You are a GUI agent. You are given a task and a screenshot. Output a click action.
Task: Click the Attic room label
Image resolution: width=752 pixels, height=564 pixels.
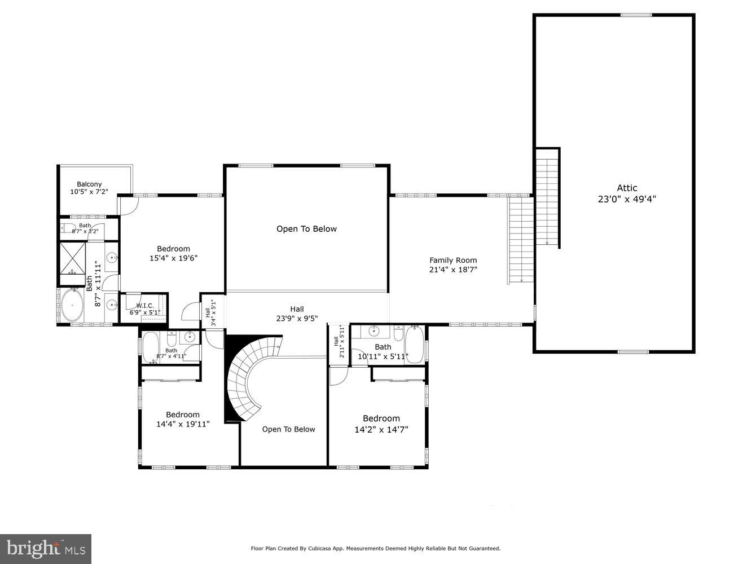[627, 188]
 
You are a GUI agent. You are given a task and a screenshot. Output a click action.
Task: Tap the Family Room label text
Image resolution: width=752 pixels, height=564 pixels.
[453, 261]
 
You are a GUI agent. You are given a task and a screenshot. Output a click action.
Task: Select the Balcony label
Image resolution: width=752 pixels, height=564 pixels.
[89, 184]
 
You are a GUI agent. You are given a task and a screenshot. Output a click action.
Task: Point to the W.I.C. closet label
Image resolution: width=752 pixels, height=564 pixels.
[145, 306]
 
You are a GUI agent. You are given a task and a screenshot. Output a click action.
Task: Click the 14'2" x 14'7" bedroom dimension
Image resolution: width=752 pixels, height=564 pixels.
[381, 429]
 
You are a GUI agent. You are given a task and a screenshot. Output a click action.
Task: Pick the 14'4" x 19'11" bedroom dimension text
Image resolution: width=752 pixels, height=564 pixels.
[182, 424]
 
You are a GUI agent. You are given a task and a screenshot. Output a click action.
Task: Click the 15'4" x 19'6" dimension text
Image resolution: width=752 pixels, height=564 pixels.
[173, 258]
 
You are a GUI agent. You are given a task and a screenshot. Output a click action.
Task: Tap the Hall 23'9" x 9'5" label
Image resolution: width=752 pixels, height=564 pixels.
[297, 314]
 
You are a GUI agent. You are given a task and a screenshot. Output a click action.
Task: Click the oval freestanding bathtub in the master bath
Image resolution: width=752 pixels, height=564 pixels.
[72, 305]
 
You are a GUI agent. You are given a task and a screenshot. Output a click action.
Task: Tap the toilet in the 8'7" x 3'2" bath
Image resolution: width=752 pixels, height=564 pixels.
[67, 228]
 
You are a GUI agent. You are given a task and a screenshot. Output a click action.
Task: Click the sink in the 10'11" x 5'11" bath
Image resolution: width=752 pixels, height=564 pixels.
[373, 331]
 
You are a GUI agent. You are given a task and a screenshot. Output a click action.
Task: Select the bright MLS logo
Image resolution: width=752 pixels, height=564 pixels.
[46, 548]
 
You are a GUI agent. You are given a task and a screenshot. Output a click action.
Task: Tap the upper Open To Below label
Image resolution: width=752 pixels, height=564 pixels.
[306, 229]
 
